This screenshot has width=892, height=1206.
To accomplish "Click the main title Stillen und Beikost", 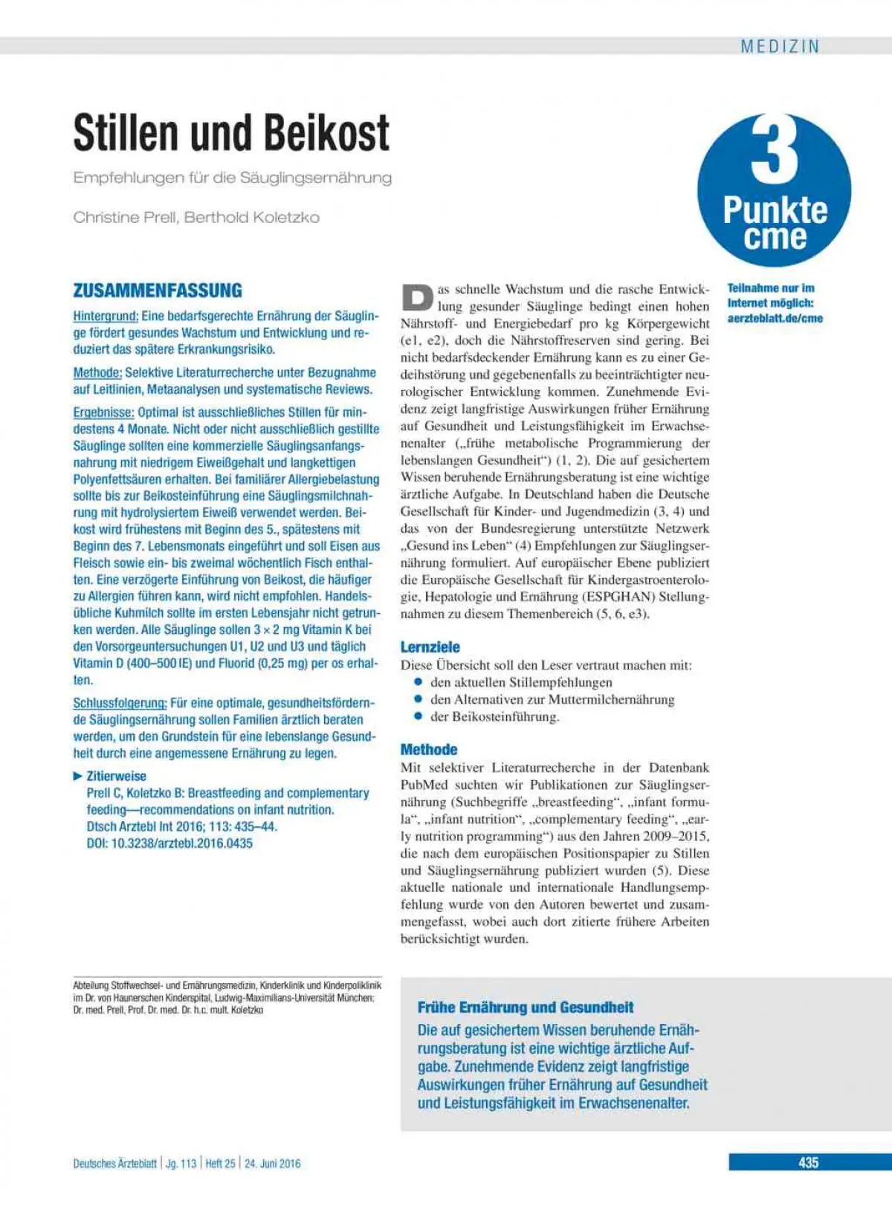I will pos(231,133).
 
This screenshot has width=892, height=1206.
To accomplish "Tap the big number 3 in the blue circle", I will pos(775,152).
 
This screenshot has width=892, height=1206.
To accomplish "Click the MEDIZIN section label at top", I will pos(780,46).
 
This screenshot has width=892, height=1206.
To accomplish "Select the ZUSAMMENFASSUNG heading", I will pos(158,291).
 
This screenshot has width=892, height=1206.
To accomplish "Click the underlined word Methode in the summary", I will pos(97,372).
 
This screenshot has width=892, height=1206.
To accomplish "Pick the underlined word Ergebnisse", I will pos(103,412).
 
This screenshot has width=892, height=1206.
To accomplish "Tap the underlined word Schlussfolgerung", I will pos(120,703).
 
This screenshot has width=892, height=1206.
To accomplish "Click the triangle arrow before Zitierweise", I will pos(78,776).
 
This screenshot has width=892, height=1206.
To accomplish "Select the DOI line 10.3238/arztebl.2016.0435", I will pos(169,843).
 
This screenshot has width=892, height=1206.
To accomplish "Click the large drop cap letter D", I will pos(417,297).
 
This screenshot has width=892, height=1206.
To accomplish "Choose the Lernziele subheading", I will pos(430,646).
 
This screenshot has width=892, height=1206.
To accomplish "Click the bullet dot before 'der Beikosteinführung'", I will pos(418,716).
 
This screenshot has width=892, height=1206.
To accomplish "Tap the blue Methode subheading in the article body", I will pos(429,749).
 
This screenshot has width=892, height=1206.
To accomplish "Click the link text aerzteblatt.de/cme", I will pos(775,318).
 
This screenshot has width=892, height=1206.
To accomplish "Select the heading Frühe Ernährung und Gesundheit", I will pos(526,1008).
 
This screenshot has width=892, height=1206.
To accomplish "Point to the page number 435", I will pos(809,1163).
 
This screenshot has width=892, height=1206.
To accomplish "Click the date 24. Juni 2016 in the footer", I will pos(273,1164).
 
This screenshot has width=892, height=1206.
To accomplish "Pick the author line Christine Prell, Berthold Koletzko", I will pos(196,217).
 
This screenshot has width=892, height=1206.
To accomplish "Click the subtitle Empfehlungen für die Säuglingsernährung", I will pos(232,178).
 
